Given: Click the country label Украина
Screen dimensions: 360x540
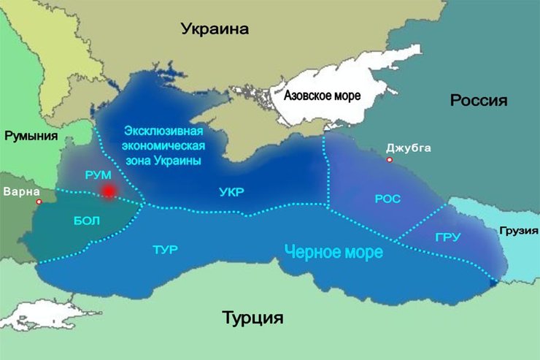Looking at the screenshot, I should [x=215, y=29].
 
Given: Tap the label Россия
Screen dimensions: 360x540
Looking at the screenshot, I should [x=478, y=100].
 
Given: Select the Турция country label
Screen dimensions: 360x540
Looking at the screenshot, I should [x=252, y=318].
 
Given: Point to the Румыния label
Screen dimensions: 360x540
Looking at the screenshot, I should [x=33, y=135].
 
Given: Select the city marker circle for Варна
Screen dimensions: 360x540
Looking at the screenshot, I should [x=39, y=202].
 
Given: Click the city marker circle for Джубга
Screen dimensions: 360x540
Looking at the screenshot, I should [x=390, y=159].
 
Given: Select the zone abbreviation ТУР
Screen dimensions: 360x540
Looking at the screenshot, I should [x=166, y=250].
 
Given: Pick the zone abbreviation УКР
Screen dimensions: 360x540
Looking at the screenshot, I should [x=231, y=192].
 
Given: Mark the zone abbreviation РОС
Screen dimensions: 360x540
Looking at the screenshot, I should [x=387, y=199].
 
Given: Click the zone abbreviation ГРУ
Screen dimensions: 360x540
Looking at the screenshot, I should [x=447, y=237].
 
